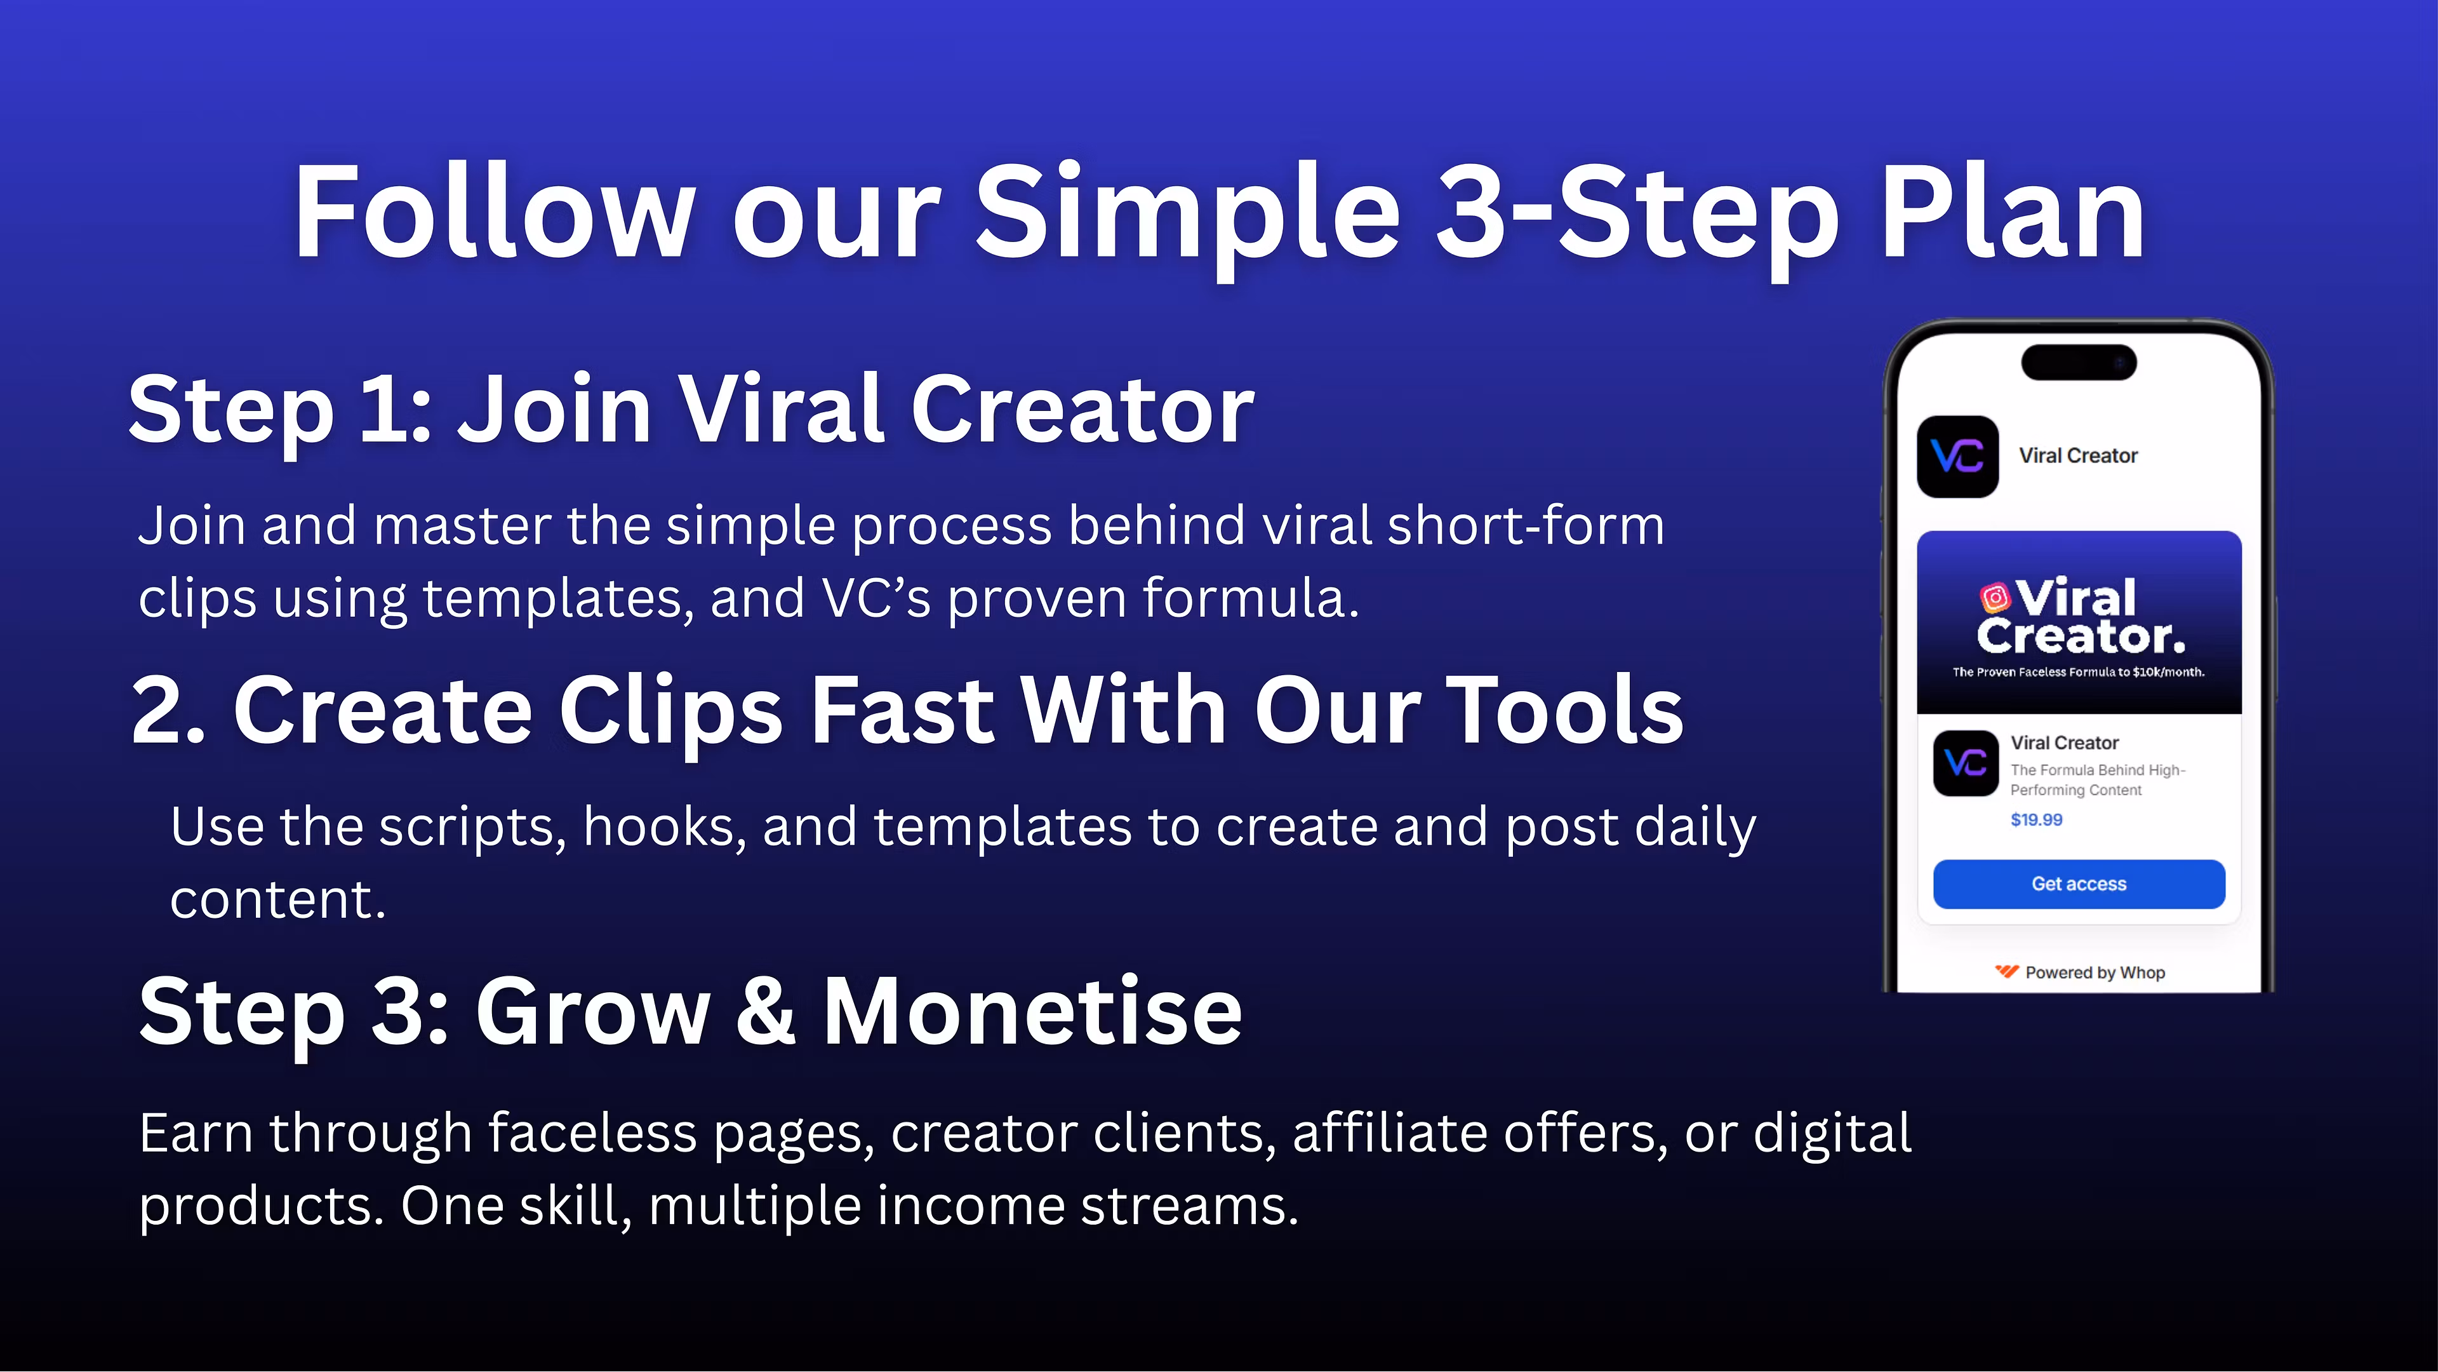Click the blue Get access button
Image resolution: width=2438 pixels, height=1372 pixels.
click(x=2079, y=884)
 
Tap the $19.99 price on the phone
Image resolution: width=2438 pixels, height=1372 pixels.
click(x=2035, y=819)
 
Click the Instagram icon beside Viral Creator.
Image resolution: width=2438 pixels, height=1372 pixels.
click(x=1994, y=598)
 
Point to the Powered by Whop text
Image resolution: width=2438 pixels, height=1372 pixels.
click(x=2095, y=972)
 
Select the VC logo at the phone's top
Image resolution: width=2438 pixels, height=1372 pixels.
click(x=1957, y=457)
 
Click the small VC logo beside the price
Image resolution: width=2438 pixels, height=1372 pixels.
click(x=1965, y=762)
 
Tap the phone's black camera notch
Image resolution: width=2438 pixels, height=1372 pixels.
click(x=2079, y=361)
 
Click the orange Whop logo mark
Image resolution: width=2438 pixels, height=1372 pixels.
click(x=2006, y=971)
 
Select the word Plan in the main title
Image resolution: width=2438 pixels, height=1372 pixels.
click(x=2012, y=212)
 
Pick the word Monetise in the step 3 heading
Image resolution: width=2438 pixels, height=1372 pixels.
click(x=1032, y=1011)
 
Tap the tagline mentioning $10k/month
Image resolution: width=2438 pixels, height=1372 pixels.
click(x=2079, y=672)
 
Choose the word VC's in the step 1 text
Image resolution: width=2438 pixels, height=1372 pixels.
click(x=876, y=598)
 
